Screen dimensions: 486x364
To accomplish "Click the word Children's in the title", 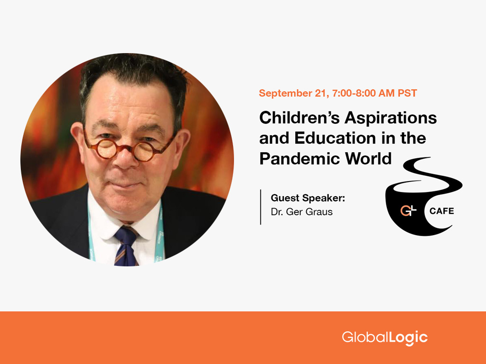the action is [x=299, y=118].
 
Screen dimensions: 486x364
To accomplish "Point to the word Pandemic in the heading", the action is [x=300, y=158].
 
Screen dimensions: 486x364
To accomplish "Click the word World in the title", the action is [x=368, y=158].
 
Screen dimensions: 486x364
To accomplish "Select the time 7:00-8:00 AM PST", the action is [x=374, y=93].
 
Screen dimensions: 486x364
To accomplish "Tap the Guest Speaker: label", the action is [x=308, y=198].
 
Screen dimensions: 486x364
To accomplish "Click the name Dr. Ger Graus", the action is [x=301, y=212].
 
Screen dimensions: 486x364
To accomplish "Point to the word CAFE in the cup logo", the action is [x=441, y=211].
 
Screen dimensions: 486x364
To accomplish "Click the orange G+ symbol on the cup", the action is [x=408, y=211].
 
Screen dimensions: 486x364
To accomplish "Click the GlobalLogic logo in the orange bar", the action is [x=384, y=337].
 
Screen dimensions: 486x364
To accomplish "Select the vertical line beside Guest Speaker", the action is [x=261, y=207].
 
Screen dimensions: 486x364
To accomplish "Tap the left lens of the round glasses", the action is [x=106, y=149].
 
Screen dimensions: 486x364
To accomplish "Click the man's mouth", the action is [x=125, y=185].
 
